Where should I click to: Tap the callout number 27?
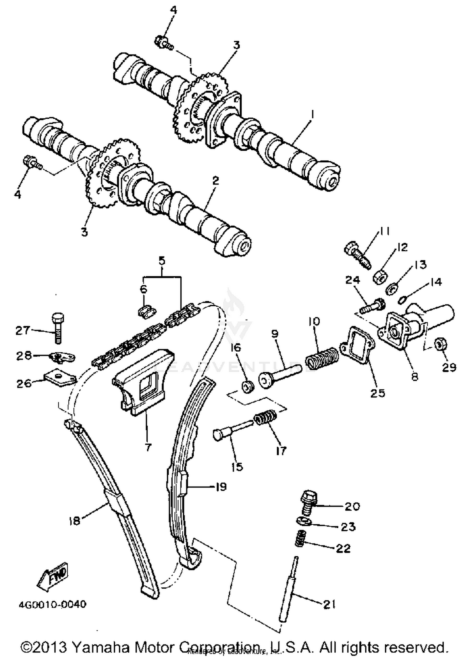[x=23, y=330]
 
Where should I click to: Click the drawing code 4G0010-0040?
[x=53, y=604]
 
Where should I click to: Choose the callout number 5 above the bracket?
[x=162, y=261]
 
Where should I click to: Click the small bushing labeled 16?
[x=248, y=386]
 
